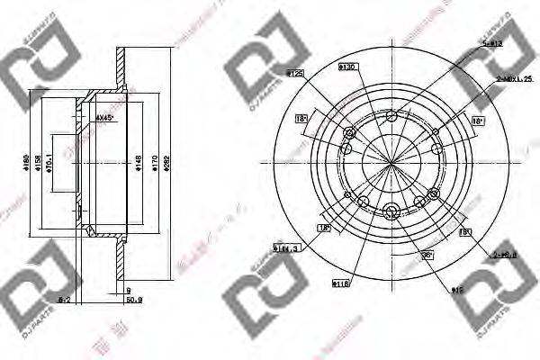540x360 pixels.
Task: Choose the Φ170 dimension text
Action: tap(154, 163)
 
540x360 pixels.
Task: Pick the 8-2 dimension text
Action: tap(64, 299)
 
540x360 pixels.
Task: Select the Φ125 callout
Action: tap(293, 72)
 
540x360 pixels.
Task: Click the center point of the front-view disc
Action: tap(391, 163)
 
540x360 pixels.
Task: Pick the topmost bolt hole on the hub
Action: tap(391, 115)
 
